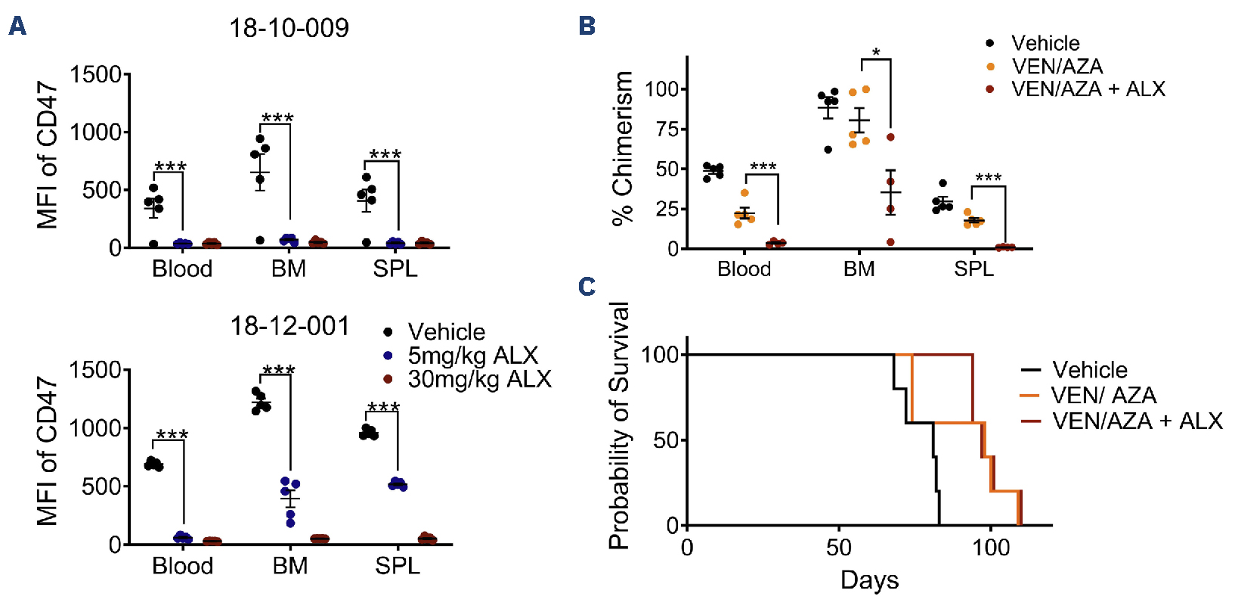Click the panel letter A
click(17, 26)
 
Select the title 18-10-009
click(289, 29)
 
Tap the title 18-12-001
click(289, 326)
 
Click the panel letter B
click(587, 26)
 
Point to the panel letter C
click(587, 287)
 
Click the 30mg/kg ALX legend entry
click(478, 378)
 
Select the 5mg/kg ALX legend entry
click(472, 355)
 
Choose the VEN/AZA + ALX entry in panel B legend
click(1088, 89)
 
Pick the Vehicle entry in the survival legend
click(1089, 370)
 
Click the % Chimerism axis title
click(623, 148)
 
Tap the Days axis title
click(869, 580)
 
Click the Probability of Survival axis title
click(619, 425)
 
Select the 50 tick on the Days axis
click(839, 547)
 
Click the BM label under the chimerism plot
click(859, 269)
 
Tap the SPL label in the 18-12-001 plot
click(397, 566)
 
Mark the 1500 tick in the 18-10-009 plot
click(95, 75)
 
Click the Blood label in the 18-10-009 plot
click(182, 269)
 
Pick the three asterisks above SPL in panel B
click(988, 179)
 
